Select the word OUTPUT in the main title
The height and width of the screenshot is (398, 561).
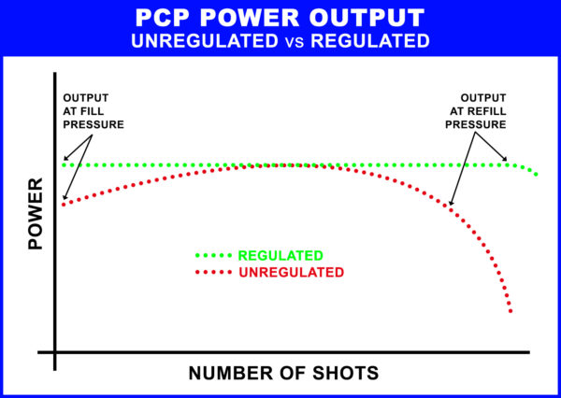[357, 19]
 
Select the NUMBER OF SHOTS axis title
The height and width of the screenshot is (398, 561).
[283, 373]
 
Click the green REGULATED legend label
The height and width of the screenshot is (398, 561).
[280, 255]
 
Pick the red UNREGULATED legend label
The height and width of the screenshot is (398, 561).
[291, 272]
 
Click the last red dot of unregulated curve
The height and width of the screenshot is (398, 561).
[511, 310]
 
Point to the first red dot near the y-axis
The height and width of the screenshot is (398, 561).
[64, 202]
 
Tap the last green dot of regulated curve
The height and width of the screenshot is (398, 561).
[538, 175]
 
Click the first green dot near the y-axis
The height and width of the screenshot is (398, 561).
[65, 164]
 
